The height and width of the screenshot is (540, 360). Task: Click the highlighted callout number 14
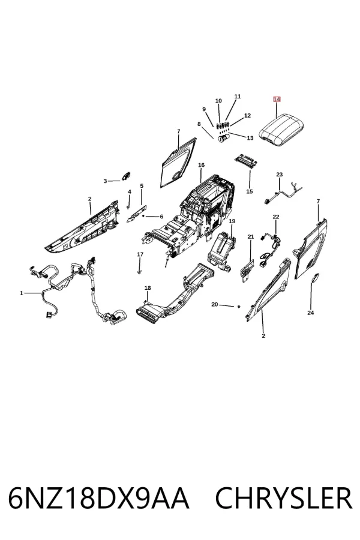pyautogui.click(x=277, y=99)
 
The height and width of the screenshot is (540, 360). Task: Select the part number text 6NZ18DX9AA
pyautogui.click(x=98, y=499)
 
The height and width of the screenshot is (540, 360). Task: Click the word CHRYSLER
pyautogui.click(x=284, y=499)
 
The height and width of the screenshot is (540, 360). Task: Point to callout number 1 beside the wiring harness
pyautogui.click(x=22, y=293)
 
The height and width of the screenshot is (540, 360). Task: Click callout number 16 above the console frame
pyautogui.click(x=201, y=165)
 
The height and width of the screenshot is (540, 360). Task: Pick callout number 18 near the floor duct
pyautogui.click(x=148, y=288)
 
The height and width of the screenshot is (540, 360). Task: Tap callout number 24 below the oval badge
pyautogui.click(x=310, y=313)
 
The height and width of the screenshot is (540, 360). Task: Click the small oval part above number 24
pyautogui.click(x=315, y=278)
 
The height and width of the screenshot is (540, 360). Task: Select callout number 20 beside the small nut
pyautogui.click(x=215, y=304)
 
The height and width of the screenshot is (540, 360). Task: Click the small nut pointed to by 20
pyautogui.click(x=238, y=306)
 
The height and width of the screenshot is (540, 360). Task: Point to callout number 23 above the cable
pyautogui.click(x=279, y=175)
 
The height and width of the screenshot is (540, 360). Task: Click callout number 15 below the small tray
pyautogui.click(x=250, y=191)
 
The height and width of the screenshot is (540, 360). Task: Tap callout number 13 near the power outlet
pyautogui.click(x=250, y=138)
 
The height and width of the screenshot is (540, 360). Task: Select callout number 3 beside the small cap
pyautogui.click(x=105, y=181)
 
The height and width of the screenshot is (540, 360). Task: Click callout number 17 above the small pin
pyautogui.click(x=140, y=254)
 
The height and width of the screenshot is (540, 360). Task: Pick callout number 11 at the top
pyautogui.click(x=238, y=97)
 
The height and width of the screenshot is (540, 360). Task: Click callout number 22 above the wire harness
pyautogui.click(x=275, y=217)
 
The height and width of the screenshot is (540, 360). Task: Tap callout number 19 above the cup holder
pyautogui.click(x=232, y=221)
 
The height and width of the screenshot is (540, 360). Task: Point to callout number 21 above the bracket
pyautogui.click(x=250, y=236)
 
